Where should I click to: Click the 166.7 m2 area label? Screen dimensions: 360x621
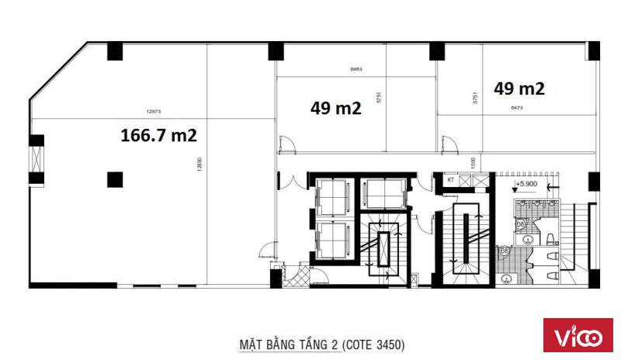coord(158,135)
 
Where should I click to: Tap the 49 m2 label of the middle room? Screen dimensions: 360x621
coord(335,109)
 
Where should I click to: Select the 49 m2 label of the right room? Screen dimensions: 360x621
coord(519,88)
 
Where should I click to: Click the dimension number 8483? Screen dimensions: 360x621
coord(356,69)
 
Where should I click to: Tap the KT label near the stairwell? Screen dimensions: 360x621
coord(450,180)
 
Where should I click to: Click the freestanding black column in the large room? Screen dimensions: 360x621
coord(114,179)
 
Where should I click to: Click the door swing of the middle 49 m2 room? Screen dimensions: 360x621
coord(285,145)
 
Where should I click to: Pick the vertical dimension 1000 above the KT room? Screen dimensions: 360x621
coord(473,164)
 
